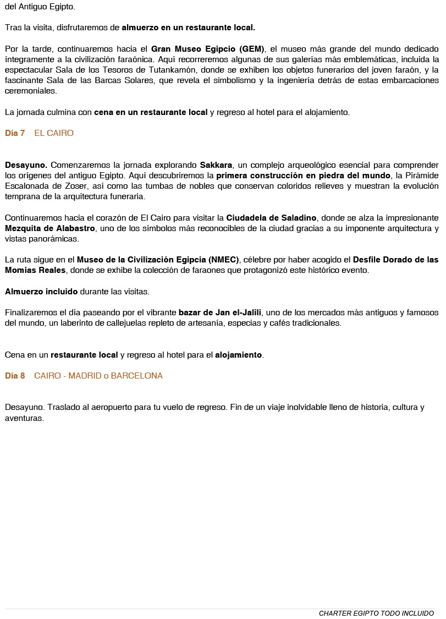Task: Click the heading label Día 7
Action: [x=15, y=133]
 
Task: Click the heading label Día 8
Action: [x=15, y=376]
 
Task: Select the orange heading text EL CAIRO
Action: [x=54, y=133]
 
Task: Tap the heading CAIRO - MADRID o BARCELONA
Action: [x=98, y=376]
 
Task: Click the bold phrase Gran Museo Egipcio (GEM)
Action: [x=208, y=48]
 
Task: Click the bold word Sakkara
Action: [x=216, y=165]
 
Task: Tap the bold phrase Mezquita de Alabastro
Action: [x=50, y=228]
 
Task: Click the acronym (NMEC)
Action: [x=219, y=260]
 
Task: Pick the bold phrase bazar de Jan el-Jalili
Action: [x=220, y=313]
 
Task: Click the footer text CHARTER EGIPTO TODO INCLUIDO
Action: [x=376, y=613]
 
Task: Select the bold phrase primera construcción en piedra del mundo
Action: [x=303, y=176]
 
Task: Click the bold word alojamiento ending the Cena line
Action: [x=239, y=355]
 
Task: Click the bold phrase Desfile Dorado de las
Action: [x=395, y=260]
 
